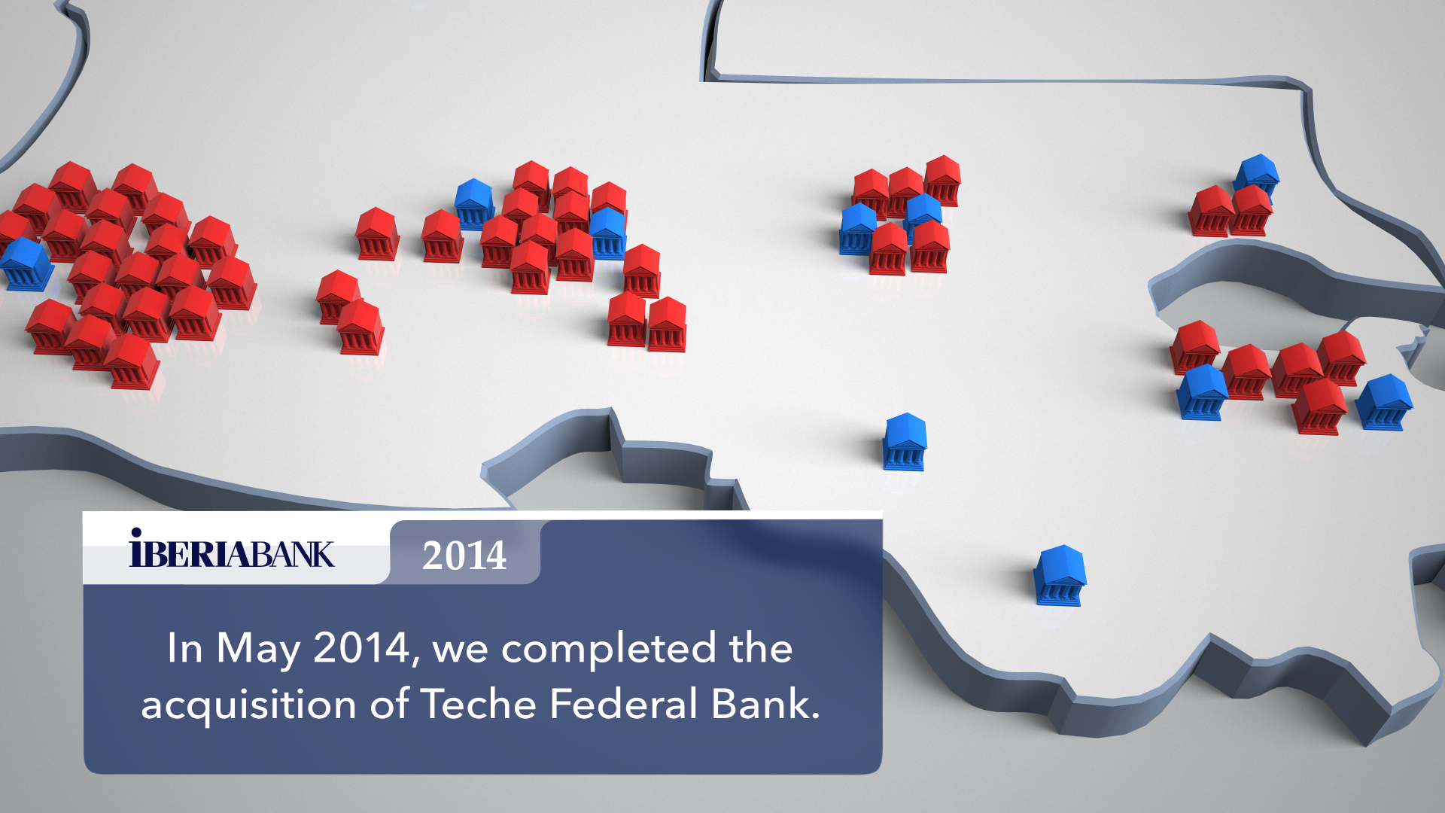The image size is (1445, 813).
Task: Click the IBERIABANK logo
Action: (232, 548)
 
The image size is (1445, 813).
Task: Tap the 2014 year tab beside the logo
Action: (464, 554)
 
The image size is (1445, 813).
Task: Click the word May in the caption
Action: (259, 649)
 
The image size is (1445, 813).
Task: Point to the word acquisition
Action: (248, 705)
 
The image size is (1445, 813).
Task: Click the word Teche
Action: (478, 704)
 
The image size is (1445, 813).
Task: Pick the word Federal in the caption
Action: (623, 704)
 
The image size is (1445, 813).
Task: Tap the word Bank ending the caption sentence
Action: (765, 704)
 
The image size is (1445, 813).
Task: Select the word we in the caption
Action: (460, 651)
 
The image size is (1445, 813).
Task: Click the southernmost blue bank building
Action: (1060, 575)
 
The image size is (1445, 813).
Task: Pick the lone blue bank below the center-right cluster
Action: (905, 442)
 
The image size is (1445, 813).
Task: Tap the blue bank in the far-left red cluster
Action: (26, 264)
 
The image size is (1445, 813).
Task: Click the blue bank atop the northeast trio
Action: (1256, 176)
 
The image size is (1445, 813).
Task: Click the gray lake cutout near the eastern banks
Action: (1279, 301)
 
